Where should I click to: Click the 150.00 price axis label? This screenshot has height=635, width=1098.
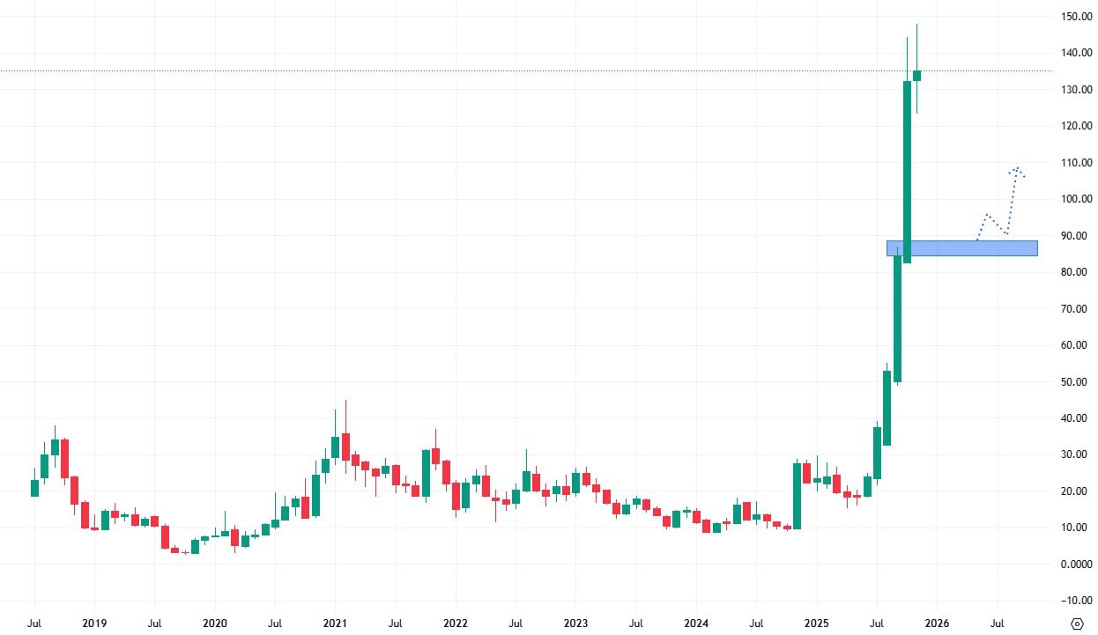1078,17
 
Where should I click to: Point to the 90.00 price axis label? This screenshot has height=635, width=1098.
1078,235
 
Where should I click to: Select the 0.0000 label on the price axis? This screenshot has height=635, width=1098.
1078,564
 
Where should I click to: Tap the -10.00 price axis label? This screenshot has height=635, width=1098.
1078,601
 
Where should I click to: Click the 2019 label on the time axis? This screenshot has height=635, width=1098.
94,623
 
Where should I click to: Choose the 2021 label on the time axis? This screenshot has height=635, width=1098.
335,623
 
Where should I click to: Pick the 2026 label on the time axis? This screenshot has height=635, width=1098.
937,623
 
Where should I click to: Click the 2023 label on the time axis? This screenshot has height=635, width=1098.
575,623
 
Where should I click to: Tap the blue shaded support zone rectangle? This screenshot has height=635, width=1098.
961,248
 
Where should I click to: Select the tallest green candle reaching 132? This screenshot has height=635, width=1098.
907,172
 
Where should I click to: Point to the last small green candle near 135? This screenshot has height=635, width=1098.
917,76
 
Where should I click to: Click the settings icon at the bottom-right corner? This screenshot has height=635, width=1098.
1077,624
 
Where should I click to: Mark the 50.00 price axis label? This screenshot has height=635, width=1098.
1078,381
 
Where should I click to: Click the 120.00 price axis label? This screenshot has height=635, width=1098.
1078,126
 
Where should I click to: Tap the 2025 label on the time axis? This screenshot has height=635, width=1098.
816,623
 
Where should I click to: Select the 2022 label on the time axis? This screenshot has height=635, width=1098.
455,623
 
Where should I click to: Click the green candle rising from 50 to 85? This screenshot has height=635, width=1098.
897,317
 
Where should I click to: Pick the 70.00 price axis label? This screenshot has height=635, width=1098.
1078,308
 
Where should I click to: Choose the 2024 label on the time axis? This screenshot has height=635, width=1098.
696,623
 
